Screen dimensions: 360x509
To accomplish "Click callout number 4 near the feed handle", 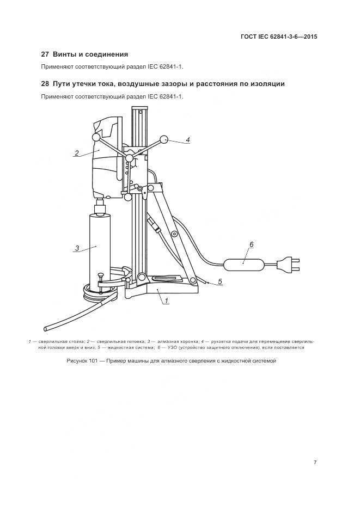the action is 188,140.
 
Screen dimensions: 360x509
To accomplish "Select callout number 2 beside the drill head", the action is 77,153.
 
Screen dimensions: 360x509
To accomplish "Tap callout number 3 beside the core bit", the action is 77,248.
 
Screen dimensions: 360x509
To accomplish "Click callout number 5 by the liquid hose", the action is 220,281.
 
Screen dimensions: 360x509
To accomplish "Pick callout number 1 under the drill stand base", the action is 167,301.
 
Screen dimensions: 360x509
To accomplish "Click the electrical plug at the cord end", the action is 288,263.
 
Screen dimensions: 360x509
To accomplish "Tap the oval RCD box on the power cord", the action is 243,264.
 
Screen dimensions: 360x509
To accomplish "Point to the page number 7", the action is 315,463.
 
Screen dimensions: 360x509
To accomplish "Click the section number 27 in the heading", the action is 45,54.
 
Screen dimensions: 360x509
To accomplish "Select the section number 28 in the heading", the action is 45,84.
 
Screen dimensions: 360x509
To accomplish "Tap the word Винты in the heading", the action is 63,54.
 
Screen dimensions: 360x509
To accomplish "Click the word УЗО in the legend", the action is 172,348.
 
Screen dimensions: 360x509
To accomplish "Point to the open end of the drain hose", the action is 45,328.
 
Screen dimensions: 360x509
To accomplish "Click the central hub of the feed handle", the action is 130,158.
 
